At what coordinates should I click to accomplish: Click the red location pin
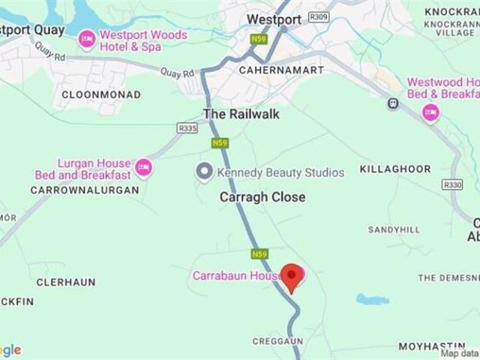pyautogui.click(x=292, y=276)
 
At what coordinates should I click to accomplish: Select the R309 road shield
pyautogui.click(x=318, y=16)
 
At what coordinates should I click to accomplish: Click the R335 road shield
pyautogui.click(x=187, y=128)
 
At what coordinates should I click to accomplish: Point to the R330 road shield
pyautogui.click(x=452, y=184)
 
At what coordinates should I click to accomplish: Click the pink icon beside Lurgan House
pyautogui.click(x=143, y=168)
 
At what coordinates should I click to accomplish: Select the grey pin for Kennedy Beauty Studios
pyautogui.click(x=203, y=172)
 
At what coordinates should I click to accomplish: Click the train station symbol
pyautogui.click(x=392, y=103)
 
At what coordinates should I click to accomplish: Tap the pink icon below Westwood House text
pyautogui.click(x=430, y=113)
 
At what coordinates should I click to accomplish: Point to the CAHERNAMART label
pyautogui.click(x=281, y=70)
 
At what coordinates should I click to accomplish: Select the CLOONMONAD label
pyautogui.click(x=90, y=94)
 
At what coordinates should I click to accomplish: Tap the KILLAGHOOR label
pyautogui.click(x=395, y=169)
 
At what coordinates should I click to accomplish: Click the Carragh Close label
pyautogui.click(x=262, y=196)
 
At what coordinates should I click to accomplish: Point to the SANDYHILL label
pyautogui.click(x=394, y=229)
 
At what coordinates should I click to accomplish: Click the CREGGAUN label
pyautogui.click(x=277, y=341)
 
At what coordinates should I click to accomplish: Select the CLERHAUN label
pyautogui.click(x=66, y=282)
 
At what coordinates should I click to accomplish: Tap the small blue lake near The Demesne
pyautogui.click(x=372, y=299)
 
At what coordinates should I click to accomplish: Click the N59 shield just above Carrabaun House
pyautogui.click(x=259, y=254)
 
